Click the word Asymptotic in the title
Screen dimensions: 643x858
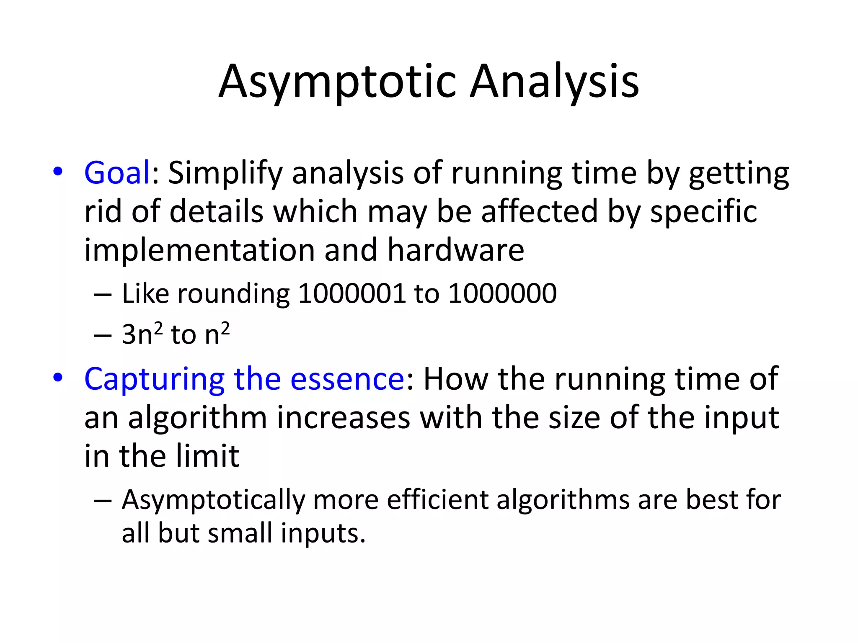coord(337,82)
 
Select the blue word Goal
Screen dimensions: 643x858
coord(117,172)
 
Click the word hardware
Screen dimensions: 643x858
coord(455,250)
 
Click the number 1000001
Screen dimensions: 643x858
coord(351,293)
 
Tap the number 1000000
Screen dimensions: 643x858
coord(502,293)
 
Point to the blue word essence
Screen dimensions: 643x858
coord(347,379)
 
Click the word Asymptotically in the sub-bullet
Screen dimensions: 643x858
coord(214,501)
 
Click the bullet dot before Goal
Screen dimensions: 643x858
coord(58,172)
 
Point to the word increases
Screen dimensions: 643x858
coord(344,418)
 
